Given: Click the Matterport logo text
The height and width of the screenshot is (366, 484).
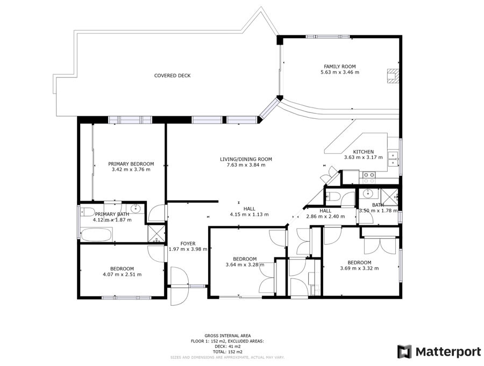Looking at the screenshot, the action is [x=448, y=352].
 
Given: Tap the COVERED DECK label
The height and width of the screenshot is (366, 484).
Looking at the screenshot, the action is [x=172, y=76].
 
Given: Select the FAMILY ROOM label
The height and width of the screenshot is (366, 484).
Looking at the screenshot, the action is [x=339, y=66].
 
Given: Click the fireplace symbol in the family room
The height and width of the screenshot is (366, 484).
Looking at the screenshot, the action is [x=393, y=76].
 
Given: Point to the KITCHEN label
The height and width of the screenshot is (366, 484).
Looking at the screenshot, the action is [x=364, y=152].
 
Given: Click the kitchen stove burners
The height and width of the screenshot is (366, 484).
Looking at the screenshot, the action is [x=368, y=177].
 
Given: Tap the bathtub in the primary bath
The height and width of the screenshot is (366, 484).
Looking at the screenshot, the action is [x=96, y=234].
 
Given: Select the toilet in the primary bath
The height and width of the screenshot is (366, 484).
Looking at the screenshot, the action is [x=87, y=212].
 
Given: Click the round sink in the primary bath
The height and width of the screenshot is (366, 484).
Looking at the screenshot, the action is [x=136, y=209].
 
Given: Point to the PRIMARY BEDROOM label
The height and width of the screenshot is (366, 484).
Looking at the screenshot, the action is [x=131, y=164].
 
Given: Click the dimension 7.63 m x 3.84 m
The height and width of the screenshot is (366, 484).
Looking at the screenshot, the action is [x=246, y=165].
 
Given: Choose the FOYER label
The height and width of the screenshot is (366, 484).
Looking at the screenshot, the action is [x=188, y=243].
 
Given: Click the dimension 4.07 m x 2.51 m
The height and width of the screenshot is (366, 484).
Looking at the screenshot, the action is [x=122, y=274].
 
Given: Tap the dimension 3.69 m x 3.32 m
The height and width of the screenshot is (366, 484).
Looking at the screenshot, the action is [x=359, y=268].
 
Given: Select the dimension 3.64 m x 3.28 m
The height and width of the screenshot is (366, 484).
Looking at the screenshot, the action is [x=245, y=264].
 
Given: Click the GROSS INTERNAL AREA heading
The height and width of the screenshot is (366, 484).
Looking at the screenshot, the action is [x=227, y=336].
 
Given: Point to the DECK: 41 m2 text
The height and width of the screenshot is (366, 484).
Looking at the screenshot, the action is [x=227, y=347].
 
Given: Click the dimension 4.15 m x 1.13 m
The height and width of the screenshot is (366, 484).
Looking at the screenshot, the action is [x=249, y=214].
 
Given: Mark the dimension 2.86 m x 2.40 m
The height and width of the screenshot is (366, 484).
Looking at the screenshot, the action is [x=325, y=217].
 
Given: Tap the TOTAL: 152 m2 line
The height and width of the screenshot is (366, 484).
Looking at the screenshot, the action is [x=227, y=352].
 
